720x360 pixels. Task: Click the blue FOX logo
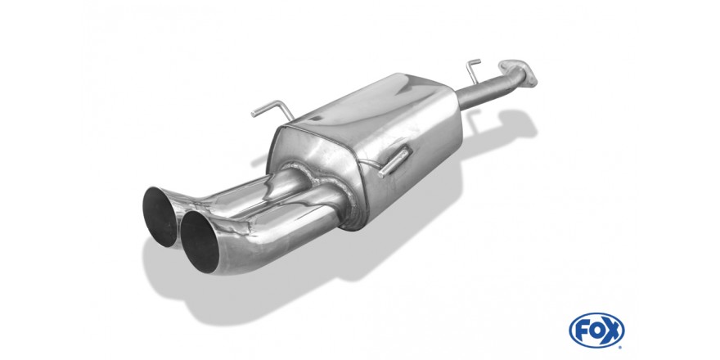pyautogui.click(x=596, y=331)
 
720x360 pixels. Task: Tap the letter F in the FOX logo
pyautogui.click(x=583, y=331)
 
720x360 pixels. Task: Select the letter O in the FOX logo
pyautogui.click(x=597, y=331)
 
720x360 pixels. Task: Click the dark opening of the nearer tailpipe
pyautogui.click(x=199, y=241)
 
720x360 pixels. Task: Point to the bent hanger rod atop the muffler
pyautogui.click(x=274, y=109)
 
